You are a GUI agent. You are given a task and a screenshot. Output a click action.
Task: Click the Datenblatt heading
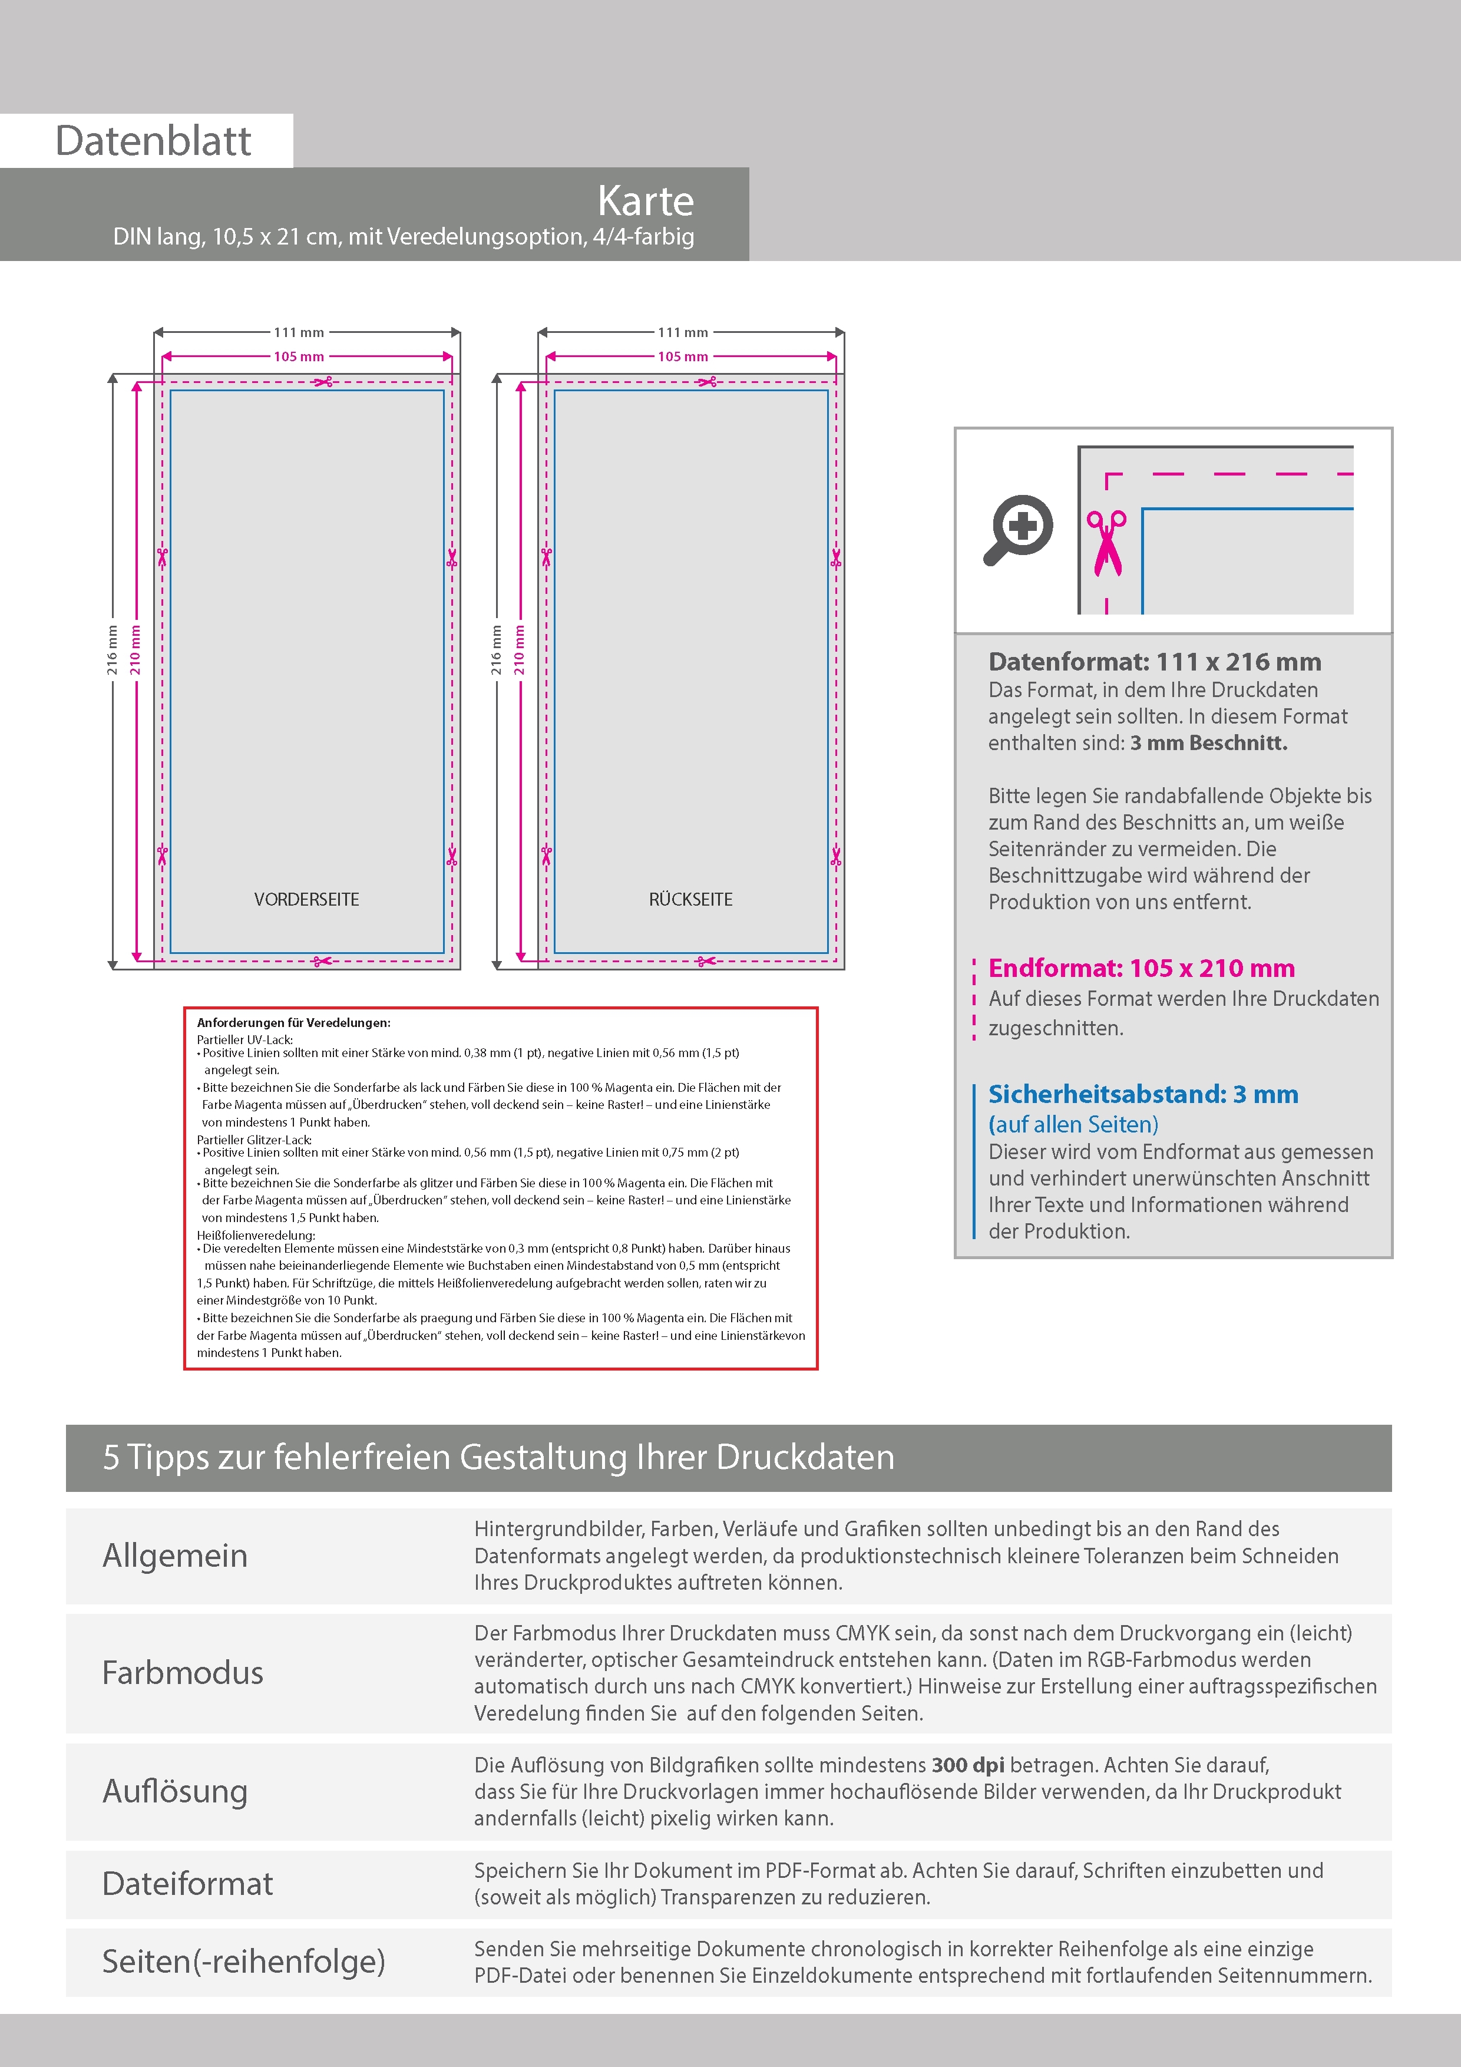(x=153, y=140)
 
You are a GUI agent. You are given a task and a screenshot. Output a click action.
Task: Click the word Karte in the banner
(x=646, y=201)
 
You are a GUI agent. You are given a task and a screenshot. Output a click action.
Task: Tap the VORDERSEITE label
(x=306, y=899)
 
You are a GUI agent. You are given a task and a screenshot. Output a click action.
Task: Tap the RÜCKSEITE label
(x=690, y=899)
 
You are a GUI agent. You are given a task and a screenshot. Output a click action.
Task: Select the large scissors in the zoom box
(x=1106, y=543)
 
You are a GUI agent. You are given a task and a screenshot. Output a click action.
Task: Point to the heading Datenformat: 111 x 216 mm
(x=1154, y=662)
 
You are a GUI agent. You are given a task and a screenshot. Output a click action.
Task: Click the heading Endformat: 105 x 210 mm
(x=1142, y=968)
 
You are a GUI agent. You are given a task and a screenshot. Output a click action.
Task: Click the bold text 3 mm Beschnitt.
(x=1209, y=742)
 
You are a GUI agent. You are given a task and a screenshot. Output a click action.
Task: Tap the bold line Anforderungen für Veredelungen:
(x=293, y=1023)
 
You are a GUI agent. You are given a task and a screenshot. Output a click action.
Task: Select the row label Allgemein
(x=174, y=1555)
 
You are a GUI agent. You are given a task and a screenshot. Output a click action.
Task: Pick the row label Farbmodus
(x=183, y=1672)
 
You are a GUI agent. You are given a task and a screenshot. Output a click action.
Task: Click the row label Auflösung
(x=174, y=1791)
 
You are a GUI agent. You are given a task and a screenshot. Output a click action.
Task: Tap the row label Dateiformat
(x=187, y=1883)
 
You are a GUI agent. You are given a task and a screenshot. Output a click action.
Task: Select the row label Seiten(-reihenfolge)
(x=243, y=1961)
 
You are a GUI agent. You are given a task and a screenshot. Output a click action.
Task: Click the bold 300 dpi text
(x=968, y=1765)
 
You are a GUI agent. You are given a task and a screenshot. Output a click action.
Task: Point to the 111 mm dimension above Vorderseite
(x=299, y=332)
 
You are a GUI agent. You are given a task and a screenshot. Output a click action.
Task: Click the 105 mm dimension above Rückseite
(x=682, y=356)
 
